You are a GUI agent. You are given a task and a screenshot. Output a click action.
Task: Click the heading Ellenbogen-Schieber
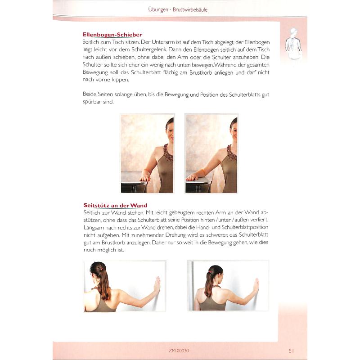[x=112, y=35]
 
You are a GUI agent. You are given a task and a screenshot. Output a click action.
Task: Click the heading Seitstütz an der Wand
[x=115, y=205]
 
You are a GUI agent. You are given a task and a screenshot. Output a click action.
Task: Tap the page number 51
[x=291, y=351]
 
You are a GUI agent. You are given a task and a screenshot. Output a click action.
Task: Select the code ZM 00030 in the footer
[x=179, y=351]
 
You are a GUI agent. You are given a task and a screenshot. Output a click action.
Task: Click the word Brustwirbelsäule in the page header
[x=190, y=9]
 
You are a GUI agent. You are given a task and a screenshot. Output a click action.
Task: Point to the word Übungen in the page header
[x=158, y=9]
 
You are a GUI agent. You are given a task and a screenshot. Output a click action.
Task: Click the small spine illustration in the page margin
[x=293, y=44]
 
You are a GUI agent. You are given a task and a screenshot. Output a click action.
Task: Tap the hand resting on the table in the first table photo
[x=144, y=178]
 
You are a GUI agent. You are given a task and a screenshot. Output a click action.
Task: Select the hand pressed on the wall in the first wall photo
[x=157, y=284]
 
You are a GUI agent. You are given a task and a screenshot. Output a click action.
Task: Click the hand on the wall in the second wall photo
[x=256, y=285]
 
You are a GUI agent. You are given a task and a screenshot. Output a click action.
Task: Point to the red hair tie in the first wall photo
[x=100, y=268]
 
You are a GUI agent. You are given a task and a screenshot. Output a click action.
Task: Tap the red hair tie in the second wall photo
[x=210, y=272]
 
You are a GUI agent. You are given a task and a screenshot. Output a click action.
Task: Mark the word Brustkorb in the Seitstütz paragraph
[x=113, y=243]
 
